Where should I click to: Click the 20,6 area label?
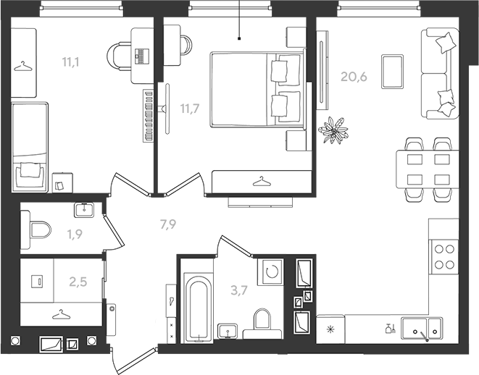click(x=354, y=77)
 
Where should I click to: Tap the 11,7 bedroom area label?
click(x=190, y=109)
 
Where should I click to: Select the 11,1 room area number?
click(x=70, y=62)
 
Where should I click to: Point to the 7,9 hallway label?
click(x=168, y=224)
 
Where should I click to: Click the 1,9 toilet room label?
click(x=75, y=235)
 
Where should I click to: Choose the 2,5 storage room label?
click(x=78, y=282)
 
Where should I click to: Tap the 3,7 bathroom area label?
click(x=239, y=290)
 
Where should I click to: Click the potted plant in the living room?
click(x=333, y=130)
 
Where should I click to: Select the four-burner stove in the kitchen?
click(x=444, y=256)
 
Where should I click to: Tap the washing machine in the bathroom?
click(x=270, y=272)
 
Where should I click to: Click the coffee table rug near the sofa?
click(x=392, y=72)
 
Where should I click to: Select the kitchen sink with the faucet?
click(x=422, y=329)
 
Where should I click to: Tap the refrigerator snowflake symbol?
click(x=330, y=329)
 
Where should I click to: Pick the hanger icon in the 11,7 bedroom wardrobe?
click(x=262, y=182)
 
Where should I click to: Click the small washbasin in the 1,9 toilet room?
click(x=84, y=210)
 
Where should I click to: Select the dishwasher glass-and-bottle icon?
click(x=391, y=328)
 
